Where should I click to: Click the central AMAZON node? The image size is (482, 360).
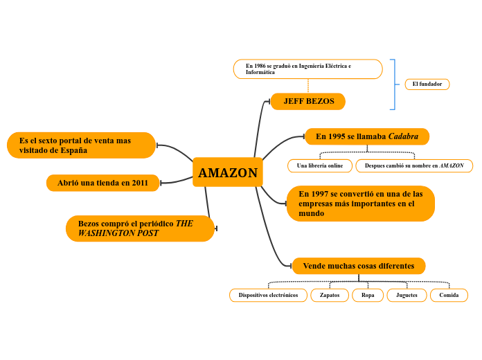tap(228, 172)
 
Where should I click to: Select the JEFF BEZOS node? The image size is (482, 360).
tap(308, 101)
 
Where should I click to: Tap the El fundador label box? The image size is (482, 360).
tap(427, 84)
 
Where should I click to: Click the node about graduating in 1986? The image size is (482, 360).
tap(307, 69)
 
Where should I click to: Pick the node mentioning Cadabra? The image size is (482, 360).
tap(366, 136)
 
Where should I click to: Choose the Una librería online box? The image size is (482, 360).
tap(319, 166)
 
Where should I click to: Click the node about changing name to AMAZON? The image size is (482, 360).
tap(414, 166)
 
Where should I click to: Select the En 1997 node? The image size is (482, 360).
tap(360, 204)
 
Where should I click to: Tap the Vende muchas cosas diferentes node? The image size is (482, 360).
tap(358, 266)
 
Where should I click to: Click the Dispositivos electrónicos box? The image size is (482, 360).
tap(268, 295)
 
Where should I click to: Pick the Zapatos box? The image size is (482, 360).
tap(330, 295)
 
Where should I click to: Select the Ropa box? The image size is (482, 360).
tap(368, 295)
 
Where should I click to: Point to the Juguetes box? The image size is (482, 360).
tap(407, 295)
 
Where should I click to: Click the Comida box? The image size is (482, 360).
tap(449, 295)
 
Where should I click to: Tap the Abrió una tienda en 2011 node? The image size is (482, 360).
tap(102, 183)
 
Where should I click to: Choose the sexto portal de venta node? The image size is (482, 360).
tap(81, 145)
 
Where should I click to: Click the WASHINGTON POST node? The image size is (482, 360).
tap(140, 228)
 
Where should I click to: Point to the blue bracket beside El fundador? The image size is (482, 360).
tap(394, 84)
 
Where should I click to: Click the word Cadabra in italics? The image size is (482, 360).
tap(403, 136)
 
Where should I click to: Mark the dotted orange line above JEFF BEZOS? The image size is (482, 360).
tap(308, 86)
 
